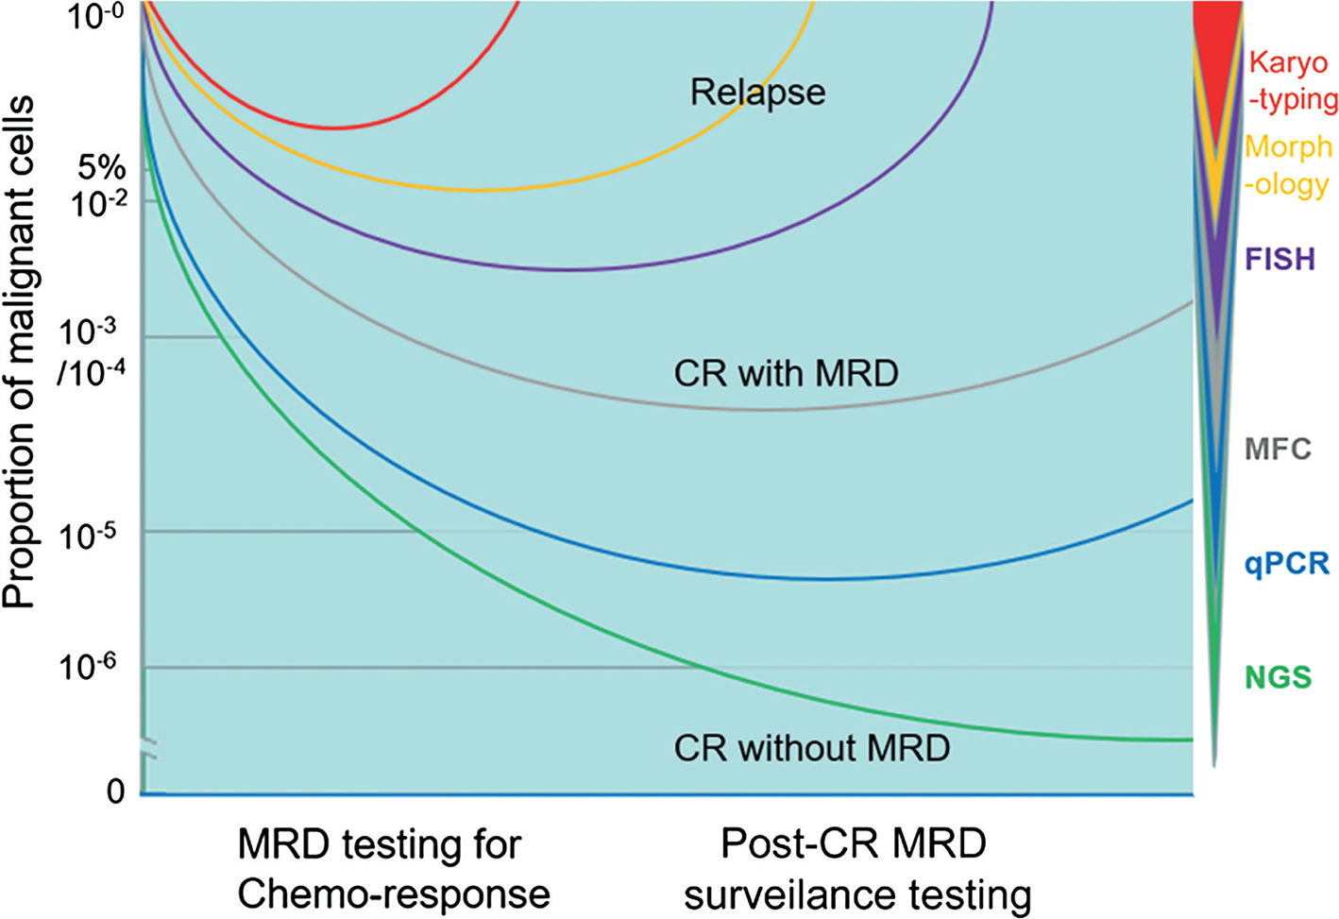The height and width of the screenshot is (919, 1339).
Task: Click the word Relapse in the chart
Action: tap(757, 93)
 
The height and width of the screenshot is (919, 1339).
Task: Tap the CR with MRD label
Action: tap(786, 373)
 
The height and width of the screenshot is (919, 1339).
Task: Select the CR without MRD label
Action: tap(811, 748)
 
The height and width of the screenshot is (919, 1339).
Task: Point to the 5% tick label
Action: tap(102, 168)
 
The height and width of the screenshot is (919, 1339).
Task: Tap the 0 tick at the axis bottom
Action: tap(115, 791)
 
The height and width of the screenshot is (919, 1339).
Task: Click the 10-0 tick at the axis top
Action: tap(93, 16)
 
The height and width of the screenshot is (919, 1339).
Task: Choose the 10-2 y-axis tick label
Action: tap(93, 202)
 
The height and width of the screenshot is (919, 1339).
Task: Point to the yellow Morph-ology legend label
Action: tap(1288, 165)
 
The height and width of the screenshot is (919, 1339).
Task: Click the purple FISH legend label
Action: tap(1280, 259)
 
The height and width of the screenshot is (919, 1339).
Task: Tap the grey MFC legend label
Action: tap(1278, 449)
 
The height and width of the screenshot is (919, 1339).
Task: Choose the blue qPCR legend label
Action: tap(1286, 564)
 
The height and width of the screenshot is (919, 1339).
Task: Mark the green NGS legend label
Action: tap(1278, 677)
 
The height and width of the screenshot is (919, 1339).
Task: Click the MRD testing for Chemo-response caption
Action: tap(393, 869)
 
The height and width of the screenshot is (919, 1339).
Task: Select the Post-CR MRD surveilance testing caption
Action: tap(856, 869)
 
